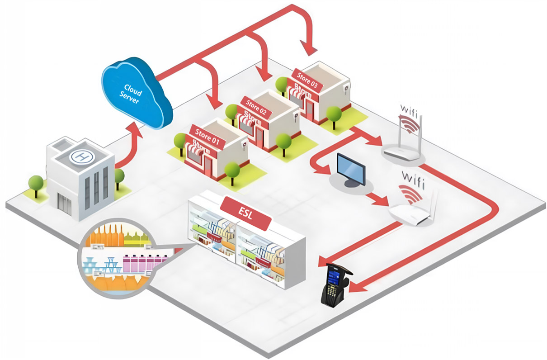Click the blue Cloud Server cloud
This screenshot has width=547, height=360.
click(x=136, y=95)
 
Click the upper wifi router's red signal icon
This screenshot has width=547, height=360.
click(x=408, y=123)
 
